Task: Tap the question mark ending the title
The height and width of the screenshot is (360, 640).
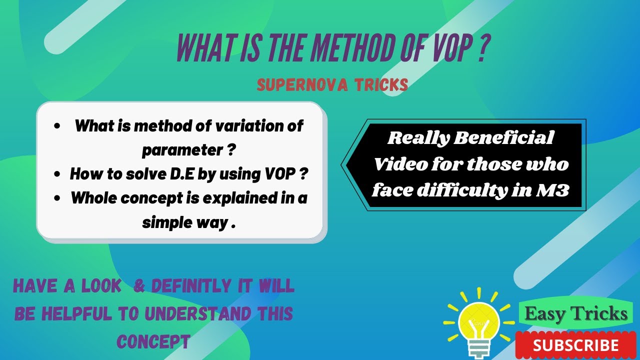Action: tap(480, 47)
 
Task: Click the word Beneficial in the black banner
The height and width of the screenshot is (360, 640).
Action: tap(503, 138)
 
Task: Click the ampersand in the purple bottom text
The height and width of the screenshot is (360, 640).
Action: tap(139, 285)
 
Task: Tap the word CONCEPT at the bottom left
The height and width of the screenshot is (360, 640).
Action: tap(153, 341)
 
